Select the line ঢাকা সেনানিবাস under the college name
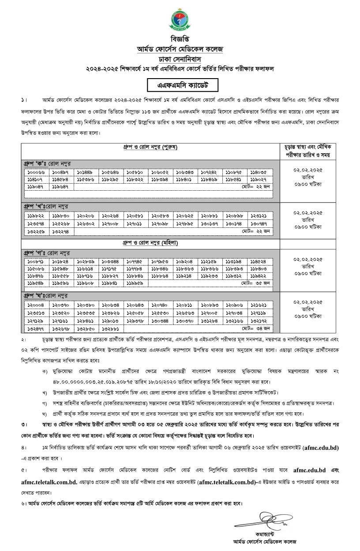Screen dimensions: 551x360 [180, 58]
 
